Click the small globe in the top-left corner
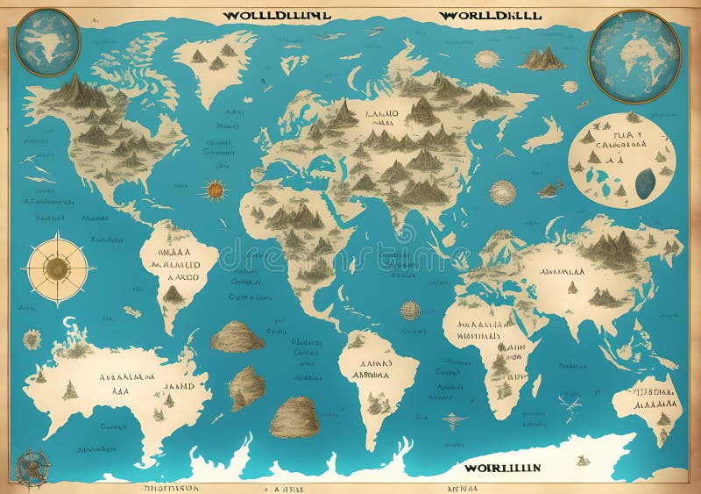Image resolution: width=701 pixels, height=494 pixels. pyautogui.click(x=47, y=42)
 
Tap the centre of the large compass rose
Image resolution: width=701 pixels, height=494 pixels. pyautogui.click(x=57, y=268)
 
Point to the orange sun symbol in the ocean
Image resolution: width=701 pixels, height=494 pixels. pyautogui.click(x=213, y=190)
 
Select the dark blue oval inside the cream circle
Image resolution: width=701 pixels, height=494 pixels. pyautogui.click(x=645, y=182)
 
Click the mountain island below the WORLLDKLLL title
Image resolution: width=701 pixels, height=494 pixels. pyautogui.click(x=542, y=59)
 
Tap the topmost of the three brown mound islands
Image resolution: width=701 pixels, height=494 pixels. pyautogui.click(x=237, y=337)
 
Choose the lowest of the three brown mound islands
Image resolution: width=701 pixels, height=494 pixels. pyautogui.click(x=294, y=417)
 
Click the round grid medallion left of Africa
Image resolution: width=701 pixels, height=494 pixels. pyautogui.click(x=410, y=310)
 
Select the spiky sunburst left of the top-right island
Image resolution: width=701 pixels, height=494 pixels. pyautogui.click(x=486, y=59)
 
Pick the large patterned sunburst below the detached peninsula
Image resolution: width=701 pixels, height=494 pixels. pyautogui.click(x=503, y=192)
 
